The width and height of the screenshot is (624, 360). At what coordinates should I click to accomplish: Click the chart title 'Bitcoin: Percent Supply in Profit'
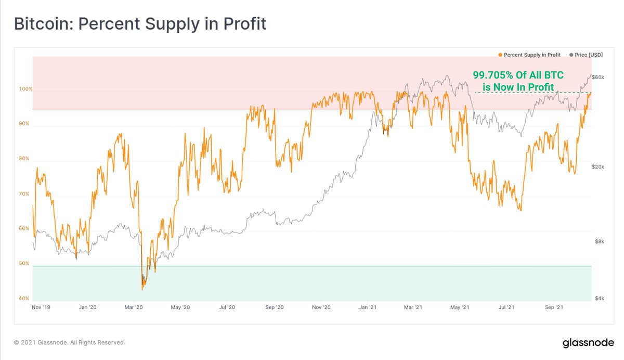click(140, 24)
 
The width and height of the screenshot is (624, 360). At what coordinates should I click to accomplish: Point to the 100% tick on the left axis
click(26, 89)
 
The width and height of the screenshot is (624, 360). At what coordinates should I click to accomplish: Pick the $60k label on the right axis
click(597, 77)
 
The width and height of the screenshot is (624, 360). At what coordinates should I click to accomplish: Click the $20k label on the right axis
click(597, 166)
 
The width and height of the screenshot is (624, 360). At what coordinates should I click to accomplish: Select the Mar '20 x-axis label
click(134, 308)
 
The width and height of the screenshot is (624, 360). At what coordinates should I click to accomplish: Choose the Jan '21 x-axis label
click(368, 308)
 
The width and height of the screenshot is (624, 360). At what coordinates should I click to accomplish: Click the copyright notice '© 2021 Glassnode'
click(70, 343)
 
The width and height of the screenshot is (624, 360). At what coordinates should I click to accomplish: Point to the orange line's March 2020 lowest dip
click(142, 289)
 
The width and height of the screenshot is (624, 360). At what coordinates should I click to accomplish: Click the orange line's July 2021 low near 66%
click(520, 210)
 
